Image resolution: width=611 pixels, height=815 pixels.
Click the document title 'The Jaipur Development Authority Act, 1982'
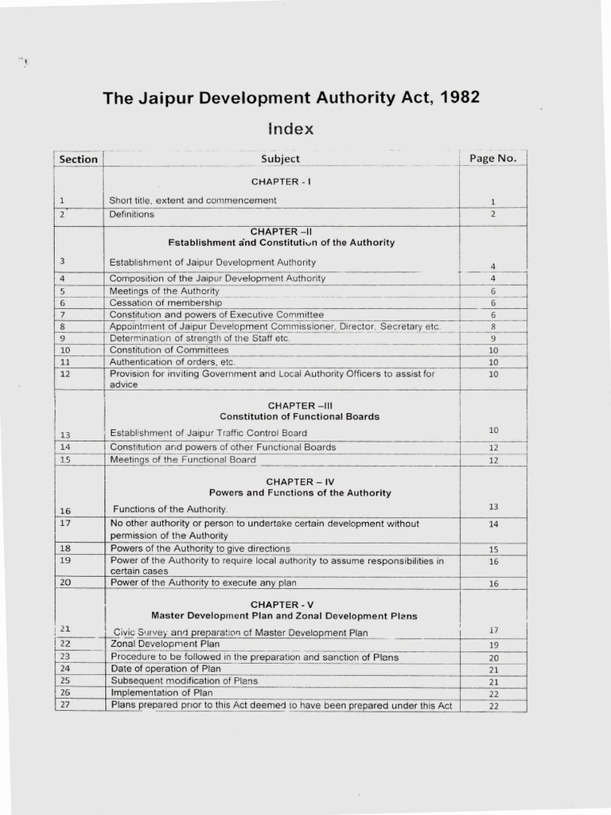(x=291, y=98)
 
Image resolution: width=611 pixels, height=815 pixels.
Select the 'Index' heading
(x=290, y=128)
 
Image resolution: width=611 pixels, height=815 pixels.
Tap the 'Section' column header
(x=79, y=158)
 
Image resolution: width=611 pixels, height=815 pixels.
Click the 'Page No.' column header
(x=492, y=158)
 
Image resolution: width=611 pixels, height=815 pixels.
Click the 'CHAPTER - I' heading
(x=281, y=181)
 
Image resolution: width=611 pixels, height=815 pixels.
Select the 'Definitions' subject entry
(x=132, y=214)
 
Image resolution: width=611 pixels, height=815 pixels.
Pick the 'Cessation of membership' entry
(x=165, y=303)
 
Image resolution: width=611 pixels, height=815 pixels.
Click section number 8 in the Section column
(x=62, y=326)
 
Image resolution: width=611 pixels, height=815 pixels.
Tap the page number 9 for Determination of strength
(x=492, y=339)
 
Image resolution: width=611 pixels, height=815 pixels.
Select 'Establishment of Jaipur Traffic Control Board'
(x=208, y=433)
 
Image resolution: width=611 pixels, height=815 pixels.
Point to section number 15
(x=65, y=460)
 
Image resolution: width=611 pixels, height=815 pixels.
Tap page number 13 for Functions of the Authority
(x=492, y=507)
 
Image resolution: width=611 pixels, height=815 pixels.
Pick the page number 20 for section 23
(x=493, y=658)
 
